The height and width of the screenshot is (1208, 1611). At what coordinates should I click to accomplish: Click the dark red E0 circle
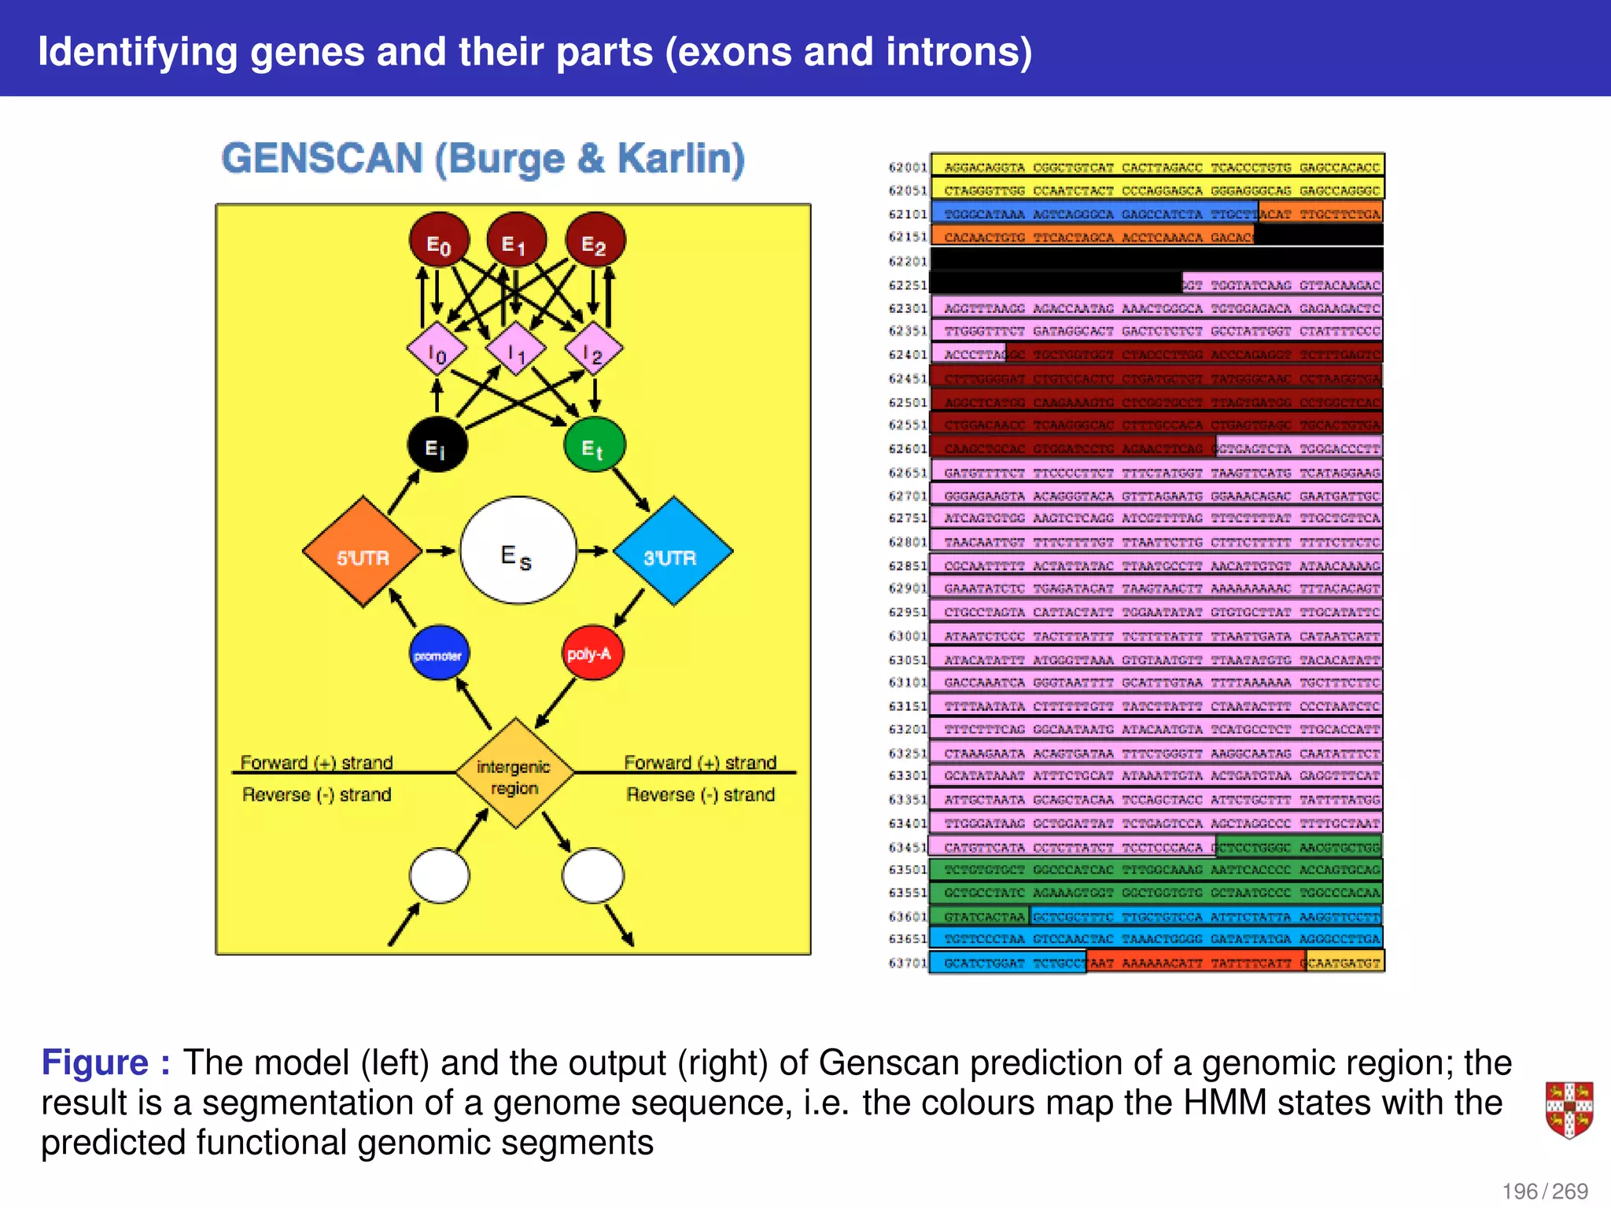pyautogui.click(x=439, y=241)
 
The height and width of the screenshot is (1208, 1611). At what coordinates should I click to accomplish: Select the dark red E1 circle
pyautogui.click(x=516, y=241)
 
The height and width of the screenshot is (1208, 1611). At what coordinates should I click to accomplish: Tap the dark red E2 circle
pyautogui.click(x=595, y=241)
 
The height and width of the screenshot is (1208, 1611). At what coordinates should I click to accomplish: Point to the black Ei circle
pyautogui.click(x=437, y=445)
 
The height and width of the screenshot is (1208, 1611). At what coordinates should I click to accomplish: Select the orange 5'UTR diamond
pyautogui.click(x=363, y=551)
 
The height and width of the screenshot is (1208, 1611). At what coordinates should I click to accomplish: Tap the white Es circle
pyautogui.click(x=518, y=551)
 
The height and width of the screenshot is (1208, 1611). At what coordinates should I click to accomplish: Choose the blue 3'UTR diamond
pyautogui.click(x=673, y=551)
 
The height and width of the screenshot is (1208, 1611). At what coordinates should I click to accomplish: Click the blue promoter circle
pyautogui.click(x=439, y=653)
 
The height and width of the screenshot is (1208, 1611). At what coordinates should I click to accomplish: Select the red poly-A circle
pyautogui.click(x=593, y=653)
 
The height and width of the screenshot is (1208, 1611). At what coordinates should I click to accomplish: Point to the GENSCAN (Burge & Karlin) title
pyautogui.click(x=483, y=159)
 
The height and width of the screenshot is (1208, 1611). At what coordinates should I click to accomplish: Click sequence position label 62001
pyautogui.click(x=908, y=168)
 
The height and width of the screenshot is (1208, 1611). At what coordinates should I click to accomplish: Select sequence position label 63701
pyautogui.click(x=908, y=963)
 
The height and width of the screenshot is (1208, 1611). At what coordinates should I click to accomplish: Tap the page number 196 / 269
pyautogui.click(x=1545, y=1191)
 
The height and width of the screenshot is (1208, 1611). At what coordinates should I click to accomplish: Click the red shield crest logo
pyautogui.click(x=1569, y=1110)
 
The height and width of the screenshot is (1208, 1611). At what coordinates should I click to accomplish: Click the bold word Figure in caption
pyautogui.click(x=95, y=1063)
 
